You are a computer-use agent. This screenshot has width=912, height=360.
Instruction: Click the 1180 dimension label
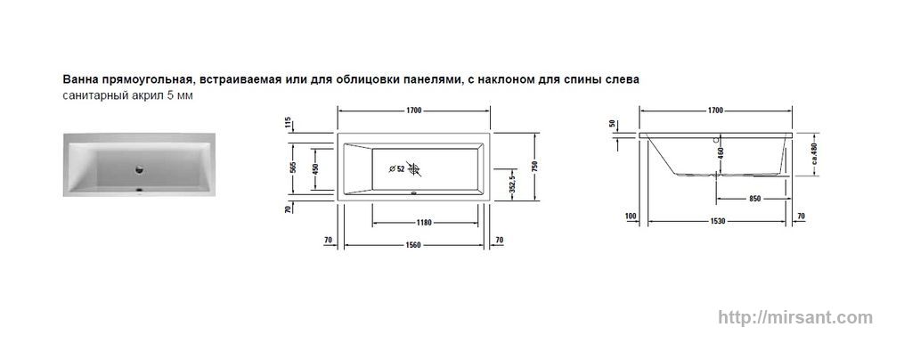click(x=425, y=223)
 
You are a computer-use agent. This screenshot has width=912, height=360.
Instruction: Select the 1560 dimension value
click(x=413, y=245)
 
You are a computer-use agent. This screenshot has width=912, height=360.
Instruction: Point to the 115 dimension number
click(x=288, y=123)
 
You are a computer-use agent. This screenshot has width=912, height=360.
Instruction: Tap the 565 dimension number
click(x=294, y=167)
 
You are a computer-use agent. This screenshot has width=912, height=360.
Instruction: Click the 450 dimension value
click(x=316, y=168)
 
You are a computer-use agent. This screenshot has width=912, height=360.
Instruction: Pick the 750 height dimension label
click(x=534, y=167)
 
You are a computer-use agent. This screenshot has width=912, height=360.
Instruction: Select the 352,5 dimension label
click(x=512, y=184)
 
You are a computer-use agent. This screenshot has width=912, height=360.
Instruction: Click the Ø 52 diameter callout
click(x=396, y=168)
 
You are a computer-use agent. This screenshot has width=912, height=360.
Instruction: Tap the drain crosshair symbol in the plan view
click(x=413, y=169)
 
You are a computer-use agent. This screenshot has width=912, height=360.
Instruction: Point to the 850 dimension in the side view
click(x=754, y=199)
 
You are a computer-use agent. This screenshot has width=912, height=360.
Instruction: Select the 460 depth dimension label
click(x=721, y=153)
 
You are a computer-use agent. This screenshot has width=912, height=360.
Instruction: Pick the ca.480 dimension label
click(x=815, y=153)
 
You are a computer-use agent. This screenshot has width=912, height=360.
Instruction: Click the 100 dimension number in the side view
click(x=631, y=217)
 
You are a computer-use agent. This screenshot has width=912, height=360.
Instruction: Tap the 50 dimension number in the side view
click(x=612, y=124)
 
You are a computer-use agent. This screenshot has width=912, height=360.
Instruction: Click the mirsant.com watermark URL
click(x=795, y=317)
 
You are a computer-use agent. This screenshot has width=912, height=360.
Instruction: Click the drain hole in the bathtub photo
click(x=140, y=169)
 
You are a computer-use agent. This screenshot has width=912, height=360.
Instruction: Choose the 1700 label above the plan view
click(x=414, y=110)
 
